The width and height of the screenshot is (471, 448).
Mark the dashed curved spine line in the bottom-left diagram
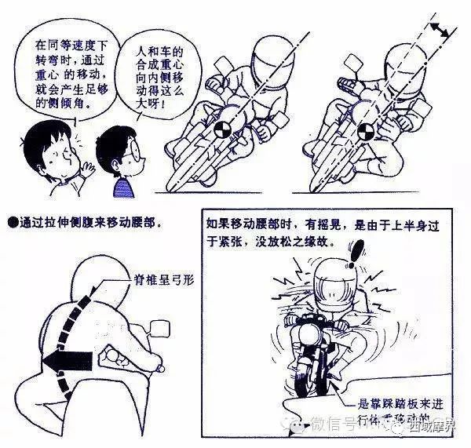tap(58, 314)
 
